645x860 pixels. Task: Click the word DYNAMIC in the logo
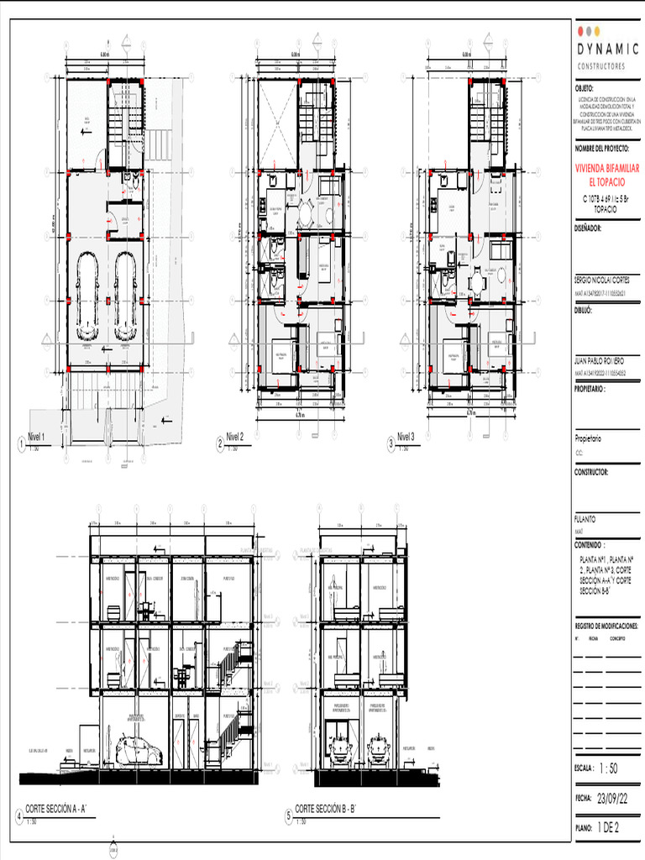607,50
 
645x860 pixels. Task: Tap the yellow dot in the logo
597,31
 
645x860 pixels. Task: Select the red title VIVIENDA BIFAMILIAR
606,169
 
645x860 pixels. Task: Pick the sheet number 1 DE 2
608,828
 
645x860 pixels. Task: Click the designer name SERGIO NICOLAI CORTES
601,278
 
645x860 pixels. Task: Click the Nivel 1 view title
38,437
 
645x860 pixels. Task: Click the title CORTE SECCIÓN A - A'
64,809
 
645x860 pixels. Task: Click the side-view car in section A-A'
139,750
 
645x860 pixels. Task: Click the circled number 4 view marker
19,815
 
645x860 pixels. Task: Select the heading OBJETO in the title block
585,88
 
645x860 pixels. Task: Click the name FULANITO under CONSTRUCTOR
585,519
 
